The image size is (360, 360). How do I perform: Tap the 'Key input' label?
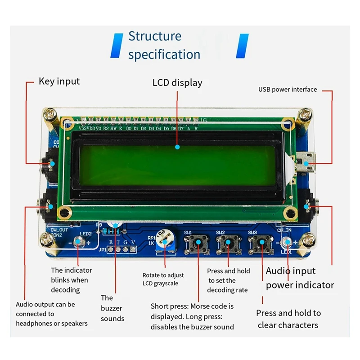pos(59,81)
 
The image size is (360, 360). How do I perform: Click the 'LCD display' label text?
pos(177,83)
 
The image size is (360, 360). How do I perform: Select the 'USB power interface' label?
pos(287,90)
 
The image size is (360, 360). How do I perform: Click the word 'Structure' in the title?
pos(155,36)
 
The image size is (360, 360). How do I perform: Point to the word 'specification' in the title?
pos(164,54)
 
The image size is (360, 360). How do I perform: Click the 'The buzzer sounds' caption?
pos(112,308)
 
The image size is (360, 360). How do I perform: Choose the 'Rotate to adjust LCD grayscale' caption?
pos(163,279)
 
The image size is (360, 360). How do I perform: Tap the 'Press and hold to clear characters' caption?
pos(288,319)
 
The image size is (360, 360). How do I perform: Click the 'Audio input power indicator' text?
pos(300,278)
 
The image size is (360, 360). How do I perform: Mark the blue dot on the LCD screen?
pos(177,147)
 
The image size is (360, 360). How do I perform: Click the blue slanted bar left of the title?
pos(116,45)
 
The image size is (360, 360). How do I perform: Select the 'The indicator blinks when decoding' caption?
pos(71,280)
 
